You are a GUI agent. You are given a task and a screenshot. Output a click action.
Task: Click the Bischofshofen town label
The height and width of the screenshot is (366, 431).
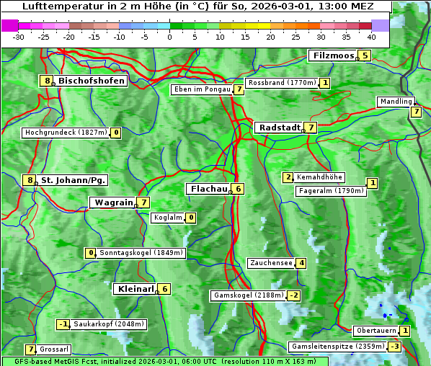click(x=92, y=81)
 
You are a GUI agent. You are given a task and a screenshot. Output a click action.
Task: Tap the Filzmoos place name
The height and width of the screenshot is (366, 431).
click(x=333, y=55)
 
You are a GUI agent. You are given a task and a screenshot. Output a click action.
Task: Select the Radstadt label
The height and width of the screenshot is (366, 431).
click(x=279, y=128)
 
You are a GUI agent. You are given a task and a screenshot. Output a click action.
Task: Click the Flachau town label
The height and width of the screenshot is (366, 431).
click(x=208, y=189)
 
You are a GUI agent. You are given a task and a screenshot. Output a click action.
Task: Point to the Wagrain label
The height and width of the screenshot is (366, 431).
click(x=113, y=202)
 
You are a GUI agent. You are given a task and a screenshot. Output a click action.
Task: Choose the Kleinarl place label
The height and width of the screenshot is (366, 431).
click(x=135, y=289)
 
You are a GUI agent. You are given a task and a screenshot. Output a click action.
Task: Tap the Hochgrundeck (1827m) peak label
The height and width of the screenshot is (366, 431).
click(x=66, y=133)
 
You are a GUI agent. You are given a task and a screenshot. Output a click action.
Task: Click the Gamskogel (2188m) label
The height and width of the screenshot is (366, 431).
click(x=248, y=295)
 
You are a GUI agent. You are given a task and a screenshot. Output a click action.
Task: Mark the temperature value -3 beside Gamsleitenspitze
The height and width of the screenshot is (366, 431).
click(x=394, y=347)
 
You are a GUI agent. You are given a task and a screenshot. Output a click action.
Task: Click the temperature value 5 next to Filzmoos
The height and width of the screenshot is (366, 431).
click(x=365, y=55)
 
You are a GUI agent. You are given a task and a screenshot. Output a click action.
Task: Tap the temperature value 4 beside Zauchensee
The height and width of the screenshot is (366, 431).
click(x=301, y=263)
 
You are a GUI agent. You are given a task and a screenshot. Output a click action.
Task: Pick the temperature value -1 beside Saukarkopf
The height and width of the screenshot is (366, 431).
click(x=63, y=324)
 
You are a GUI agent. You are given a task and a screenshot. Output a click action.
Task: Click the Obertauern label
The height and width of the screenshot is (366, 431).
click(x=376, y=331)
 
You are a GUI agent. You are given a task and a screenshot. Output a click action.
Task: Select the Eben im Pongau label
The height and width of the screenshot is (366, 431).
click(x=201, y=89)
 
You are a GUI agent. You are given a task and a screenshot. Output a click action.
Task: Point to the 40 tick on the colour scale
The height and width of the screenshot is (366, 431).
click(x=371, y=37)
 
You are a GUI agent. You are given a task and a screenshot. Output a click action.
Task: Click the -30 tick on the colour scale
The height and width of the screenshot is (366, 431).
click(x=19, y=37)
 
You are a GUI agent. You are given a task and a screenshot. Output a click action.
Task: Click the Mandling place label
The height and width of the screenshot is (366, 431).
click(x=396, y=102)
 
